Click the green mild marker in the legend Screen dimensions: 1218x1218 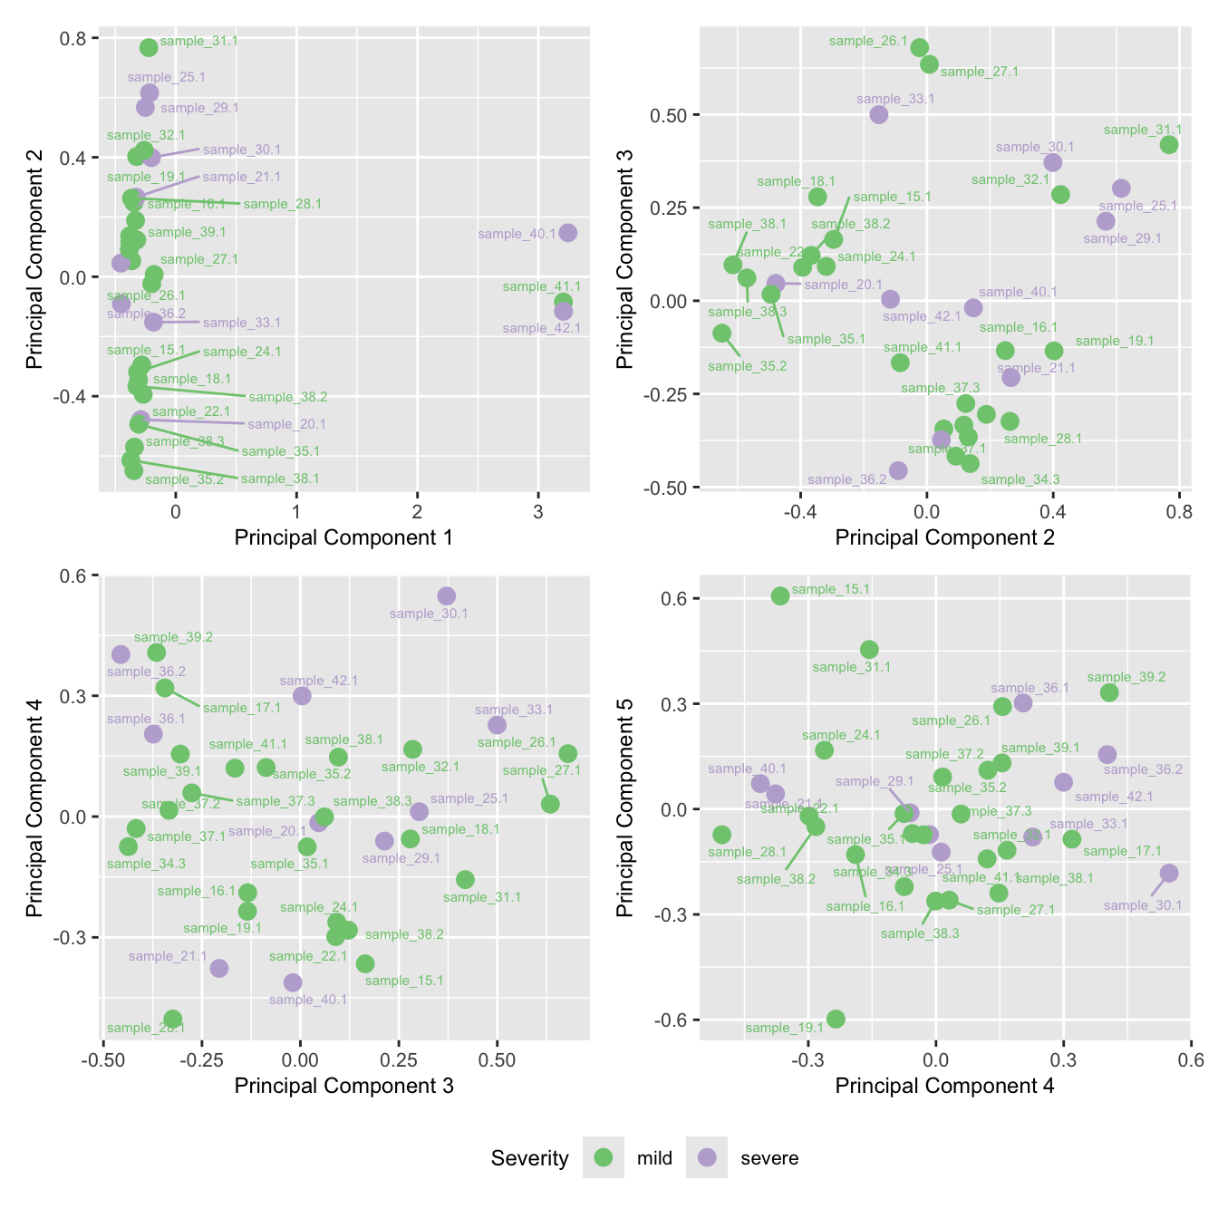coord(604,1157)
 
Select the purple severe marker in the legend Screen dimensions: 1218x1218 coord(707,1157)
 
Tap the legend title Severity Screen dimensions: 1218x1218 coord(529,1158)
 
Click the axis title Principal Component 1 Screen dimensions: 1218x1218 coord(343,537)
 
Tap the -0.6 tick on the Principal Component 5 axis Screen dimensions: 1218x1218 coord(672,1020)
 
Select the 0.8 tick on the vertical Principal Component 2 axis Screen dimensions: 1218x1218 coord(72,38)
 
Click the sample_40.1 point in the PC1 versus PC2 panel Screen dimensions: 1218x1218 coord(567,233)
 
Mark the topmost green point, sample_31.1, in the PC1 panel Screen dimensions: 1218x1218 coord(149,47)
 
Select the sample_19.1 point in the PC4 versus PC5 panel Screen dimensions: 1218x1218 coord(836,1019)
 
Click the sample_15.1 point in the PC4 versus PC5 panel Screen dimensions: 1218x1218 coord(780,595)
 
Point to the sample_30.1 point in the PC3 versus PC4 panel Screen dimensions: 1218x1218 coord(446,595)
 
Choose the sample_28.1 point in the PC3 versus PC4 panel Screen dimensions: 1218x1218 coord(172,1019)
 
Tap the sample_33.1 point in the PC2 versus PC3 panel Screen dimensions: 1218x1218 coord(878,114)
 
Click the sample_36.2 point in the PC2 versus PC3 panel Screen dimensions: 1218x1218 coord(897,469)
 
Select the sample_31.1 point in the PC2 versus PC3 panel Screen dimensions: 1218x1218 coord(1169,145)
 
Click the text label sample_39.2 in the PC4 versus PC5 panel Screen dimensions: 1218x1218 coord(1126,677)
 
